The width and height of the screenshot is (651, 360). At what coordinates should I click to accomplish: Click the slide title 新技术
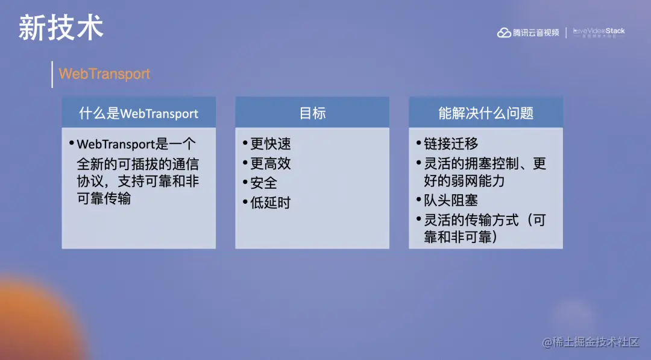[x=61, y=28]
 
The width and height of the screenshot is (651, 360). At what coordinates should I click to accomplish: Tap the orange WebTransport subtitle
[x=104, y=74]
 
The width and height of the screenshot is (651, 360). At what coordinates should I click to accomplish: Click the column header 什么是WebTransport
[x=139, y=113]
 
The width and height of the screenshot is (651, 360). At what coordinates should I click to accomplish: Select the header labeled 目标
[x=312, y=113]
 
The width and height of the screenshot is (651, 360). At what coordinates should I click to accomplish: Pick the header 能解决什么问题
[x=486, y=113]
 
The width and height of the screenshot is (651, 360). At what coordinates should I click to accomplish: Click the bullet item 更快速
[x=270, y=144]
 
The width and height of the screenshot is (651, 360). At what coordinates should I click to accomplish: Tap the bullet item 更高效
[x=270, y=163]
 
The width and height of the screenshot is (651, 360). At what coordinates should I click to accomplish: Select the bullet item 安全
[x=263, y=183]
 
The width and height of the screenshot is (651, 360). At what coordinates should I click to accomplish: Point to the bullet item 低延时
[x=270, y=203]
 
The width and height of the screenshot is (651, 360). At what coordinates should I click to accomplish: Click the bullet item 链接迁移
[x=451, y=144]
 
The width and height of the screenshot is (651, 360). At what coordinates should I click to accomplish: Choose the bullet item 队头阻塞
[x=451, y=200]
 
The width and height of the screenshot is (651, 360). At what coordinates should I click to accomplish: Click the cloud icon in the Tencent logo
[x=504, y=33]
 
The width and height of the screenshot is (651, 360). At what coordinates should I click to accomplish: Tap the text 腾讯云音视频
[x=536, y=33]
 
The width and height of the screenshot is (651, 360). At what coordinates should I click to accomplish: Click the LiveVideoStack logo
[x=599, y=33]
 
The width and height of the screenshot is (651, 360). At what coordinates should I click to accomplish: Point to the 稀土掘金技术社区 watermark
[x=590, y=342]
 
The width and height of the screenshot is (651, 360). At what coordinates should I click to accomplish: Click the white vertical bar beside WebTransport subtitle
[x=52, y=74]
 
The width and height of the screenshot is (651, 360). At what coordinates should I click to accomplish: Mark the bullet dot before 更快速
[x=245, y=144]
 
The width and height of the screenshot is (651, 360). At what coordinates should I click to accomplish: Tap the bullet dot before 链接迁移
[x=418, y=144]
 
